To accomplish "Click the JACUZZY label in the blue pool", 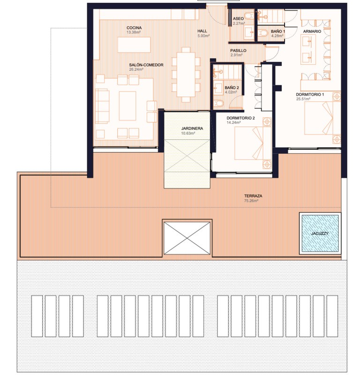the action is point(320,233).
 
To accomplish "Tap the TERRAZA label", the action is point(253,196).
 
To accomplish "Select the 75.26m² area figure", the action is point(251,201).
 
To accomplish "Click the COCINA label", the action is point(134,28).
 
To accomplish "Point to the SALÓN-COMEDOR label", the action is point(146,65).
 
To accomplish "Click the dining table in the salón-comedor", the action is point(186,75).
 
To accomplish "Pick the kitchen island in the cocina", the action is point(134,45).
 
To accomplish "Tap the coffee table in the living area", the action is point(127,106).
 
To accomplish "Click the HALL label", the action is point(202,31).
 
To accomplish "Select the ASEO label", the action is point(238,19).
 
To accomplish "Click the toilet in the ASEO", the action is point(249,16).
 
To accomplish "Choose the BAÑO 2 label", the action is point(232,88).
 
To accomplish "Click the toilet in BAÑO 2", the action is point(219,103).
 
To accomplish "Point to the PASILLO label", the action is point(238,51).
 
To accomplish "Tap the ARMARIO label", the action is point(312,31).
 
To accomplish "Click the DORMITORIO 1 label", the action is point(310,95).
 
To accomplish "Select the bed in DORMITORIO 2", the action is point(253,143).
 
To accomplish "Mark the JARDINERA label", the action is point(192,128).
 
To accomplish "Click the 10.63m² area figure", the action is point(188,133).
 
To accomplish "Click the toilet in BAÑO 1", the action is point(263,33).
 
